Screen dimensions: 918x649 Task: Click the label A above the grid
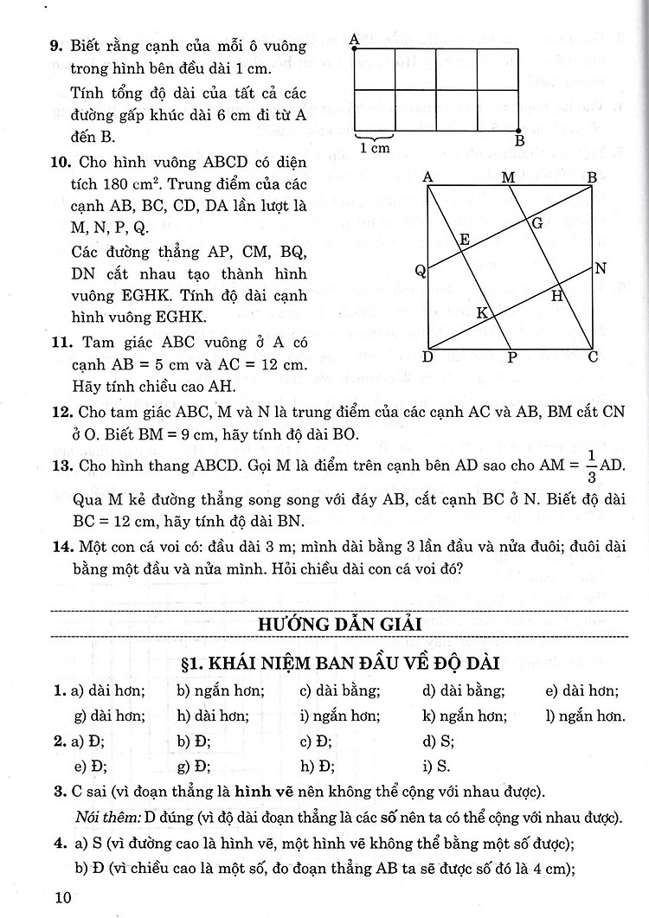point(354,38)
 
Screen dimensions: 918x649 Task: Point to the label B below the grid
point(519,141)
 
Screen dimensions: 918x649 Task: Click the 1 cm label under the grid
point(374,148)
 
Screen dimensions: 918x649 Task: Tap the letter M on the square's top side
point(508,177)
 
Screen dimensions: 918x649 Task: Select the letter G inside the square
point(537,222)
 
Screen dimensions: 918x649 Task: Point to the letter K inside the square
point(482,312)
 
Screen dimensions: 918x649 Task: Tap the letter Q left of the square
point(420,271)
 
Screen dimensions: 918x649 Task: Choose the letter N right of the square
point(599,268)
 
